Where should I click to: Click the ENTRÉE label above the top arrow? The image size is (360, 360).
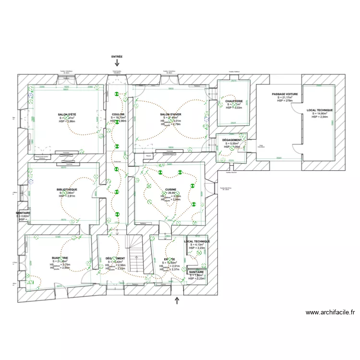pyautogui.click(x=117, y=56)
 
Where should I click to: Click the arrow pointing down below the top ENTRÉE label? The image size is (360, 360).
pyautogui.click(x=117, y=63)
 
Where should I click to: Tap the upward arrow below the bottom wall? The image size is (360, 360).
pyautogui.click(x=177, y=301)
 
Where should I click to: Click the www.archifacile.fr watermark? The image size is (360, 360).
pyautogui.click(x=330, y=312)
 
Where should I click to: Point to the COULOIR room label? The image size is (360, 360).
pyautogui.click(x=118, y=114)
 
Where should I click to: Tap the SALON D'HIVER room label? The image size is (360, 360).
pyautogui.click(x=171, y=114)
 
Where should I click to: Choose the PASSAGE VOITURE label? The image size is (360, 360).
pyautogui.click(x=285, y=94)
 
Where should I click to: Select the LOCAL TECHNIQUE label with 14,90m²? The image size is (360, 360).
pyautogui.click(x=320, y=110)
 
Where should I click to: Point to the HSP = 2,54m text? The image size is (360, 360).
pyautogui.click(x=320, y=117)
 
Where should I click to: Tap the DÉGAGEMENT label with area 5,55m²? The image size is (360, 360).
pyautogui.click(x=232, y=140)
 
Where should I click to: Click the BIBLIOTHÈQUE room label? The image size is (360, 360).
pyautogui.click(x=67, y=190)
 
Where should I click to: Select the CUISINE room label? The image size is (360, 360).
pyautogui.click(x=171, y=190)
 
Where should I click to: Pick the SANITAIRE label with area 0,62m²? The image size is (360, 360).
pyautogui.click(x=23, y=213)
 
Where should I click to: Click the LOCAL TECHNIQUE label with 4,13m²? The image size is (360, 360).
pyautogui.click(x=197, y=241)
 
